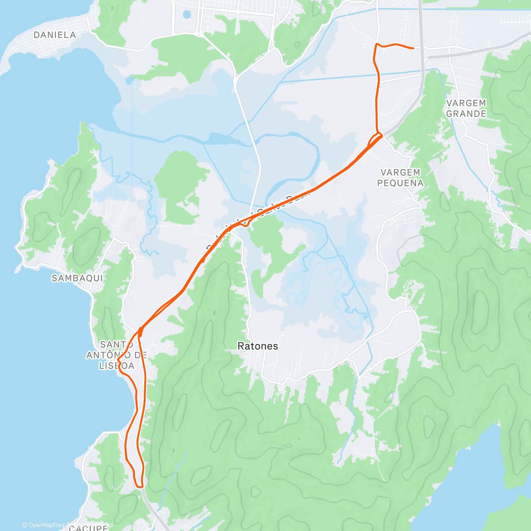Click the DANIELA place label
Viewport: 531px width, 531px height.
(x=55, y=35)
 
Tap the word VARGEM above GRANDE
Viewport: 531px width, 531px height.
(x=466, y=103)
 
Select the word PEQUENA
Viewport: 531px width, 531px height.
(x=400, y=183)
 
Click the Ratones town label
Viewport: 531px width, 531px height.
(x=258, y=346)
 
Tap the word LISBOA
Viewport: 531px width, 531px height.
(x=116, y=366)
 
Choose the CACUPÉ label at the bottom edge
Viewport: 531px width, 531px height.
(x=88, y=527)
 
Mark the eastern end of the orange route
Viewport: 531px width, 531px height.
(x=413, y=48)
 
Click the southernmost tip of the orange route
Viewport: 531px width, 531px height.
(x=140, y=487)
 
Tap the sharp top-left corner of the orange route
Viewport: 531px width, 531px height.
(x=376, y=44)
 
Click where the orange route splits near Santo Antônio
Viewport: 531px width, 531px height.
(x=140, y=329)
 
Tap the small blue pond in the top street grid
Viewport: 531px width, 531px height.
(x=186, y=14)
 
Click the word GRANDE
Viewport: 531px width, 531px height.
(x=466, y=114)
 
